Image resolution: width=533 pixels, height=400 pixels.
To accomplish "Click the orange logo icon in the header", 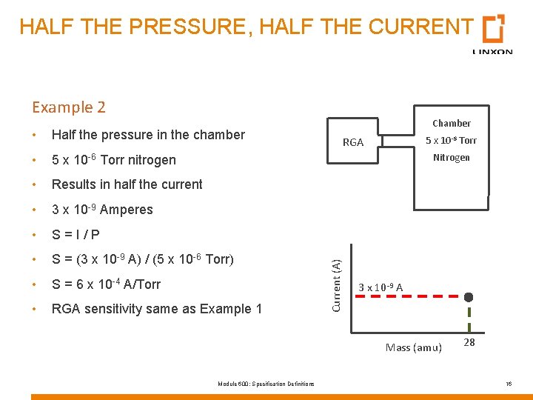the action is tap(493, 29).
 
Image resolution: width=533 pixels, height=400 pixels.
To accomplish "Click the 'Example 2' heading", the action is tap(69, 107).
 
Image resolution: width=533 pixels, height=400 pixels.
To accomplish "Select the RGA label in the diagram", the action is tap(353, 142).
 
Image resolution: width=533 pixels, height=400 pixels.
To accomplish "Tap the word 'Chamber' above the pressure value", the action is tap(452, 123).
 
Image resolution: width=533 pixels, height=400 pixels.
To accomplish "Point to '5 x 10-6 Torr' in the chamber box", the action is tap(451, 140).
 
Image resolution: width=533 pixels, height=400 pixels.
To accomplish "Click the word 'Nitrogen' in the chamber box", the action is tap(452, 157).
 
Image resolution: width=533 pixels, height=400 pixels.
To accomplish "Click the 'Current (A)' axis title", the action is tap(335, 284).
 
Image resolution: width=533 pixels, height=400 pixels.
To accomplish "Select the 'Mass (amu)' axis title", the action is tap(414, 347).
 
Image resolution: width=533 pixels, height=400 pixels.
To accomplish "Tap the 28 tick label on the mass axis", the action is tap(469, 342).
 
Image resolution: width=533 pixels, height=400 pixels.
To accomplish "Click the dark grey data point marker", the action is tap(469, 297).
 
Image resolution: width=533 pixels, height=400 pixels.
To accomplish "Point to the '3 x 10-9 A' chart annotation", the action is tap(381, 287).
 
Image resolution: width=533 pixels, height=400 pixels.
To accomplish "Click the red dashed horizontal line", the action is tap(407, 296).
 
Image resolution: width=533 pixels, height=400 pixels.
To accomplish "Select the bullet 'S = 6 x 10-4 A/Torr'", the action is tap(106, 284).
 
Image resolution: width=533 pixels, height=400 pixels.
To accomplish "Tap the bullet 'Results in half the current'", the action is tap(127, 184).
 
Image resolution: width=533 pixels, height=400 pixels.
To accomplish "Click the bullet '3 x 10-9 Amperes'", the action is tap(102, 210).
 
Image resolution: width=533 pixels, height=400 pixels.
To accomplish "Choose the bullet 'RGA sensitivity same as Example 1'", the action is tap(156, 309).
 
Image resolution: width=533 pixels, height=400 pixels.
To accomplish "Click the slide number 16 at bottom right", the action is tap(509, 383).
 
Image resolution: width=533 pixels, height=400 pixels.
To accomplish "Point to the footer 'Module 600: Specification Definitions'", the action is tap(266, 383).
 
